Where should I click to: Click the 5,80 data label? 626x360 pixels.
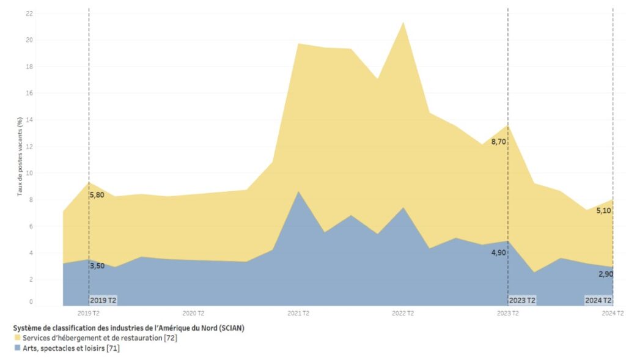[x=97, y=195]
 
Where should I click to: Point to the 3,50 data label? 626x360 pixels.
[x=97, y=266]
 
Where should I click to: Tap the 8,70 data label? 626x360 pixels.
[x=498, y=142]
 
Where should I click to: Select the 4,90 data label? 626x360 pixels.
[x=498, y=252]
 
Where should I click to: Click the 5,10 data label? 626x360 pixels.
[x=603, y=211]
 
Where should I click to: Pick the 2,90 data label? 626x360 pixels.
[x=606, y=274]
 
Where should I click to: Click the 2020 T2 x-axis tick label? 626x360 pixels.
[x=193, y=314]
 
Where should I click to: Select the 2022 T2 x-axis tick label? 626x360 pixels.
[x=402, y=314]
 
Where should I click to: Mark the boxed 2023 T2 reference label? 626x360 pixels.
[x=522, y=300]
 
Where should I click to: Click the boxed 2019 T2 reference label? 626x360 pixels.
[x=103, y=300]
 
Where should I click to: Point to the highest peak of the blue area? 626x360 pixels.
[x=298, y=192]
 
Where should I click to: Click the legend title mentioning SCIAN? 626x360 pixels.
[x=128, y=328]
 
